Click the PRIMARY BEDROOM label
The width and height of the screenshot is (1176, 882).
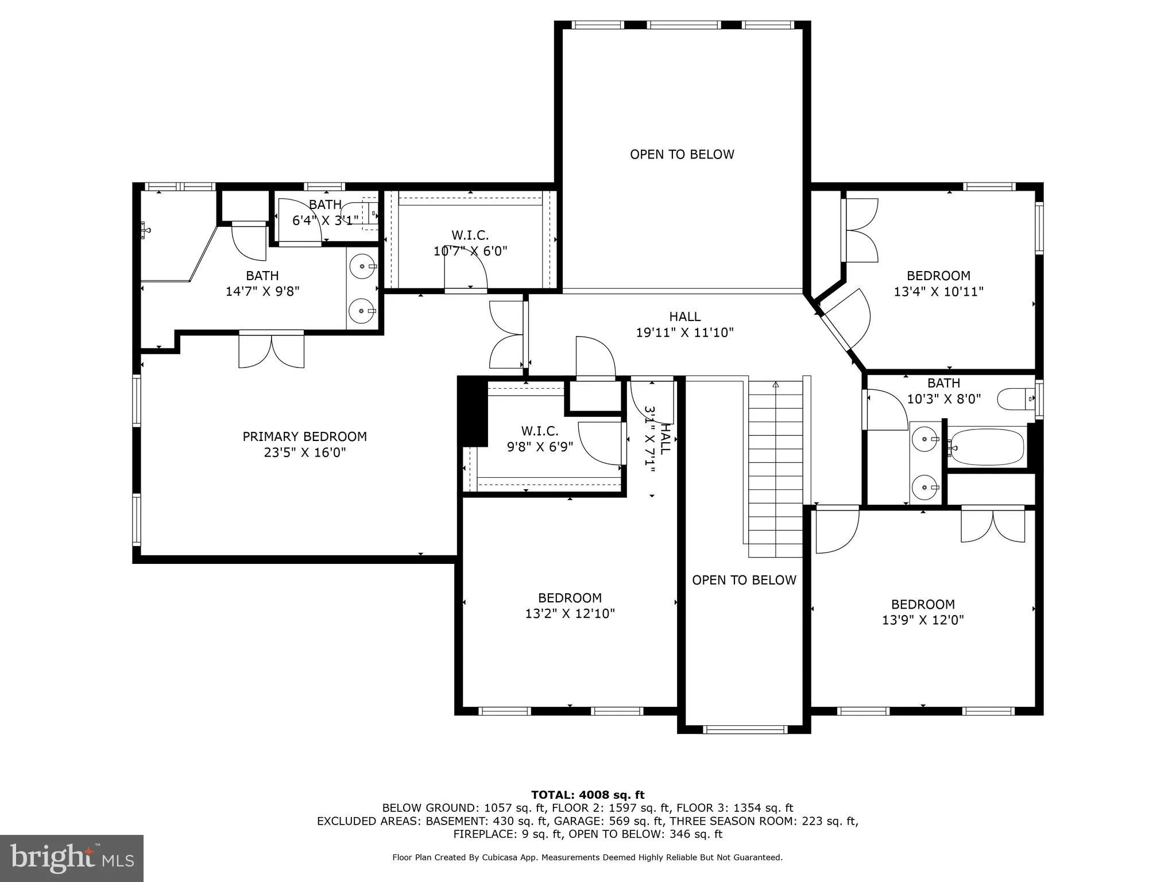(x=304, y=436)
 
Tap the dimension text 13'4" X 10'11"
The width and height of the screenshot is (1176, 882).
(x=938, y=292)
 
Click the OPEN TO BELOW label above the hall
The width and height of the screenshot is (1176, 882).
(x=682, y=154)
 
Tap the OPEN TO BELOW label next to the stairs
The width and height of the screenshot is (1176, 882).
(x=744, y=580)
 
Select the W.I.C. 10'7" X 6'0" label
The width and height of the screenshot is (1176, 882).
(x=470, y=243)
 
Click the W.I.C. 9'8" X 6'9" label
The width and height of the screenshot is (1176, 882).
(x=540, y=439)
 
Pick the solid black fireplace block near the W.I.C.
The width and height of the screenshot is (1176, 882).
(x=473, y=412)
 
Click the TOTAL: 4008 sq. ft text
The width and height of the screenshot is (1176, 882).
(x=587, y=795)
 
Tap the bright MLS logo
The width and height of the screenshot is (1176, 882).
(x=72, y=858)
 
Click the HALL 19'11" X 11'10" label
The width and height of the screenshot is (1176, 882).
(x=684, y=324)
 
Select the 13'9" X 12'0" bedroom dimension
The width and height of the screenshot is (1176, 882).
(x=923, y=620)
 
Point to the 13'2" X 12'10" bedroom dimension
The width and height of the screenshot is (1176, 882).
(x=570, y=614)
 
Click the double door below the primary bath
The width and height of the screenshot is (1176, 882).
(x=272, y=349)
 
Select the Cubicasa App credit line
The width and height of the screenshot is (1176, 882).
(x=587, y=857)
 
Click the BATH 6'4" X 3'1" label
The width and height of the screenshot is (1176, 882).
(x=325, y=212)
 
